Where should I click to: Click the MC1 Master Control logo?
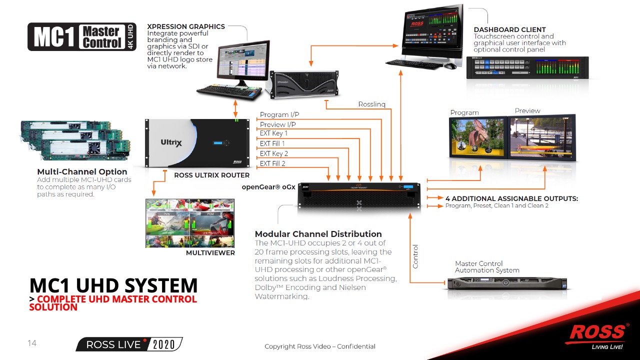click(x=81, y=36)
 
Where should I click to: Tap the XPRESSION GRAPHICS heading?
click(x=186, y=26)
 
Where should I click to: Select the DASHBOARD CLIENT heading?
click(x=509, y=29)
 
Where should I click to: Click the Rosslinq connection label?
click(x=371, y=104)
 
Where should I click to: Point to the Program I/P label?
click(x=279, y=115)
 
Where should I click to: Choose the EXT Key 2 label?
click(x=274, y=153)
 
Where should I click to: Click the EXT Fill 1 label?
click(x=272, y=143)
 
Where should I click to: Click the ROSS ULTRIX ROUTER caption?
click(x=211, y=175)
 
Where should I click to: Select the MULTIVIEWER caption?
click(x=210, y=253)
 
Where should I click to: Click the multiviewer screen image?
click(x=189, y=223)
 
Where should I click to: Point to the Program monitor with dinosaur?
click(x=477, y=137)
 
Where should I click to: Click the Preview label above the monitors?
click(x=527, y=110)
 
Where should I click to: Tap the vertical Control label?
click(x=415, y=256)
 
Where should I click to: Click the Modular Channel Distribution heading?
click(x=318, y=234)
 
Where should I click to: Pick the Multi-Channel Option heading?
click(x=82, y=171)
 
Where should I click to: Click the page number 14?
click(x=32, y=343)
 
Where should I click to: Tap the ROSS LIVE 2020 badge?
click(x=129, y=344)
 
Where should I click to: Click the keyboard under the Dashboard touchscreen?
click(x=415, y=64)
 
